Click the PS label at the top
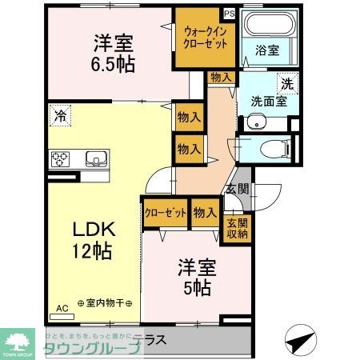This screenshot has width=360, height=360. click(x=230, y=13)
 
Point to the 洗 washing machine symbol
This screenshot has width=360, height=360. click(x=286, y=82)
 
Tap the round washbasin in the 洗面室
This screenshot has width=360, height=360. click(x=254, y=123)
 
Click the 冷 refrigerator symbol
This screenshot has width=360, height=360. click(x=59, y=114)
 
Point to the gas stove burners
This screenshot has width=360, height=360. click(x=60, y=158)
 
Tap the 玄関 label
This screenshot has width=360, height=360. click(x=236, y=190)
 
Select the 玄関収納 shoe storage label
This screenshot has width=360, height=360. click(x=237, y=228)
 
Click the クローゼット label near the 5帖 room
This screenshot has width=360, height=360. click(x=166, y=212)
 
